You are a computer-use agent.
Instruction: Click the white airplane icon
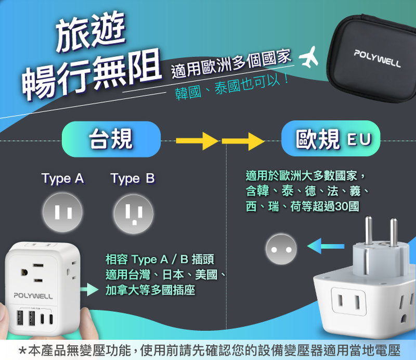tap(309, 57)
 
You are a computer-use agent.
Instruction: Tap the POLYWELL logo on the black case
tap(377, 58)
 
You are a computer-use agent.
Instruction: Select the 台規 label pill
tap(111, 139)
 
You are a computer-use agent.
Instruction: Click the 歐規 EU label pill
tap(331, 138)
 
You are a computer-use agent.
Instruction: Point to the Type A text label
tap(62, 178)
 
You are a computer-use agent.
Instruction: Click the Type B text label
tap(133, 178)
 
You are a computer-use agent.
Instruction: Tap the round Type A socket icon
tap(62, 212)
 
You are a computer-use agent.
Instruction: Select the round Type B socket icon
tap(134, 214)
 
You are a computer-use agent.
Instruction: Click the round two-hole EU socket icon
tap(281, 249)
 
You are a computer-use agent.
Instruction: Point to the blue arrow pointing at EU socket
tap(326, 246)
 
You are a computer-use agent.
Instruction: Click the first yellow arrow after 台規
tap(197, 140)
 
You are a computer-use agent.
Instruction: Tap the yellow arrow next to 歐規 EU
tap(243, 141)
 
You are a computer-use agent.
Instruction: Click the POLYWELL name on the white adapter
tap(33, 296)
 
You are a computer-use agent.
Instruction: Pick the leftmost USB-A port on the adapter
tap(20, 317)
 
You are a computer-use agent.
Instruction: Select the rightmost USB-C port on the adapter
tap(51, 319)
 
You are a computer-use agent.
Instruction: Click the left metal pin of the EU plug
tap(368, 230)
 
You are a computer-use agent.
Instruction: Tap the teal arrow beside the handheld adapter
tap(89, 289)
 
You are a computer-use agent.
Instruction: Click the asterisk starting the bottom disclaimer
tap(23, 351)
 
